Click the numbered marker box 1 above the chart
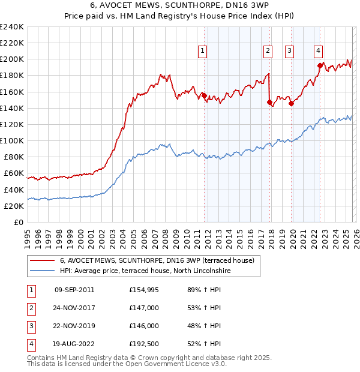203,51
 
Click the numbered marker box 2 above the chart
268,51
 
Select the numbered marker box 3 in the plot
289,51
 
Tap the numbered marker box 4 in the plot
317,51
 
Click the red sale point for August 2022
320,65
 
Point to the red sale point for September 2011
204,95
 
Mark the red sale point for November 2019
291,103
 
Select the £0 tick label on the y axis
18,222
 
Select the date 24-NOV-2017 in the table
74,308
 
